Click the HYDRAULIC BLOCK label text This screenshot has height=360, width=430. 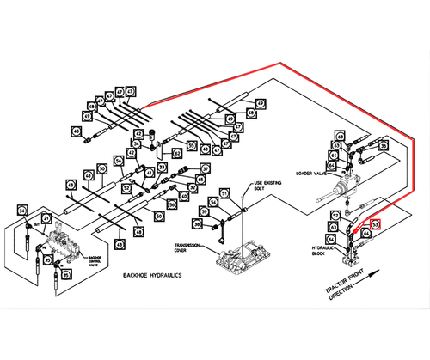click(322, 249)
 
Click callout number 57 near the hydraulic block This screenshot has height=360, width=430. click(335, 215)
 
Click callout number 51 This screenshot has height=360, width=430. click(224, 193)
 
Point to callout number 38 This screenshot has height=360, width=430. click(196, 224)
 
